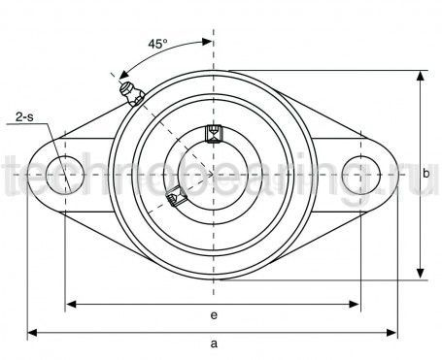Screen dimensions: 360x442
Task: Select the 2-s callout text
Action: point(28,118)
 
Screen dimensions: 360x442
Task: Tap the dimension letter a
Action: point(213,344)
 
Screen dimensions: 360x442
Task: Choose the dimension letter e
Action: point(213,315)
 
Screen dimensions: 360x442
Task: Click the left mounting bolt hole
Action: point(66,175)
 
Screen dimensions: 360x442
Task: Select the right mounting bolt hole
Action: point(360,175)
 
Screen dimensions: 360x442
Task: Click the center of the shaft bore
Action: point(214,175)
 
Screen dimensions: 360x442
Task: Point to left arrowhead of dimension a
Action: point(31,333)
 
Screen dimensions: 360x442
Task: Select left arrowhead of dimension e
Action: point(70,305)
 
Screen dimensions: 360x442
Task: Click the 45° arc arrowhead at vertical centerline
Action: point(208,42)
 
